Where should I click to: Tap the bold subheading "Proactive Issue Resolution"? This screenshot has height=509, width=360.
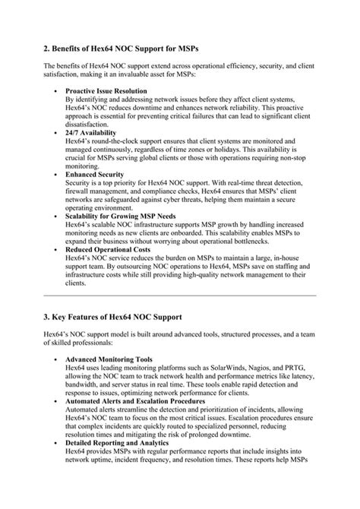pos(106,91)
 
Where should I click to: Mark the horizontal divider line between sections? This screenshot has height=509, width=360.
pos(180,294)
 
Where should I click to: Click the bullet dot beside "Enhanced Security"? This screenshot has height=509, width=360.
pos(57,175)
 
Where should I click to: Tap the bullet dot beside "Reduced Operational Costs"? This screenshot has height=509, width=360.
pos(57,249)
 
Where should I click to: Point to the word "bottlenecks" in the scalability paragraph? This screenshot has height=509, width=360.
pos(280,241)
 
